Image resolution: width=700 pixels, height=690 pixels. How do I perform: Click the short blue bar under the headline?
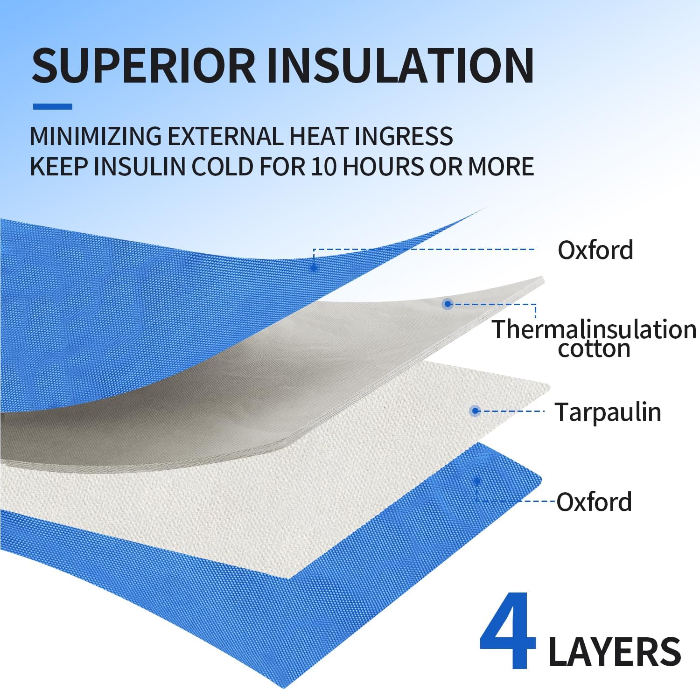[52, 106]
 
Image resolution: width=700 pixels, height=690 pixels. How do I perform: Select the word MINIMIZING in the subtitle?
[96, 136]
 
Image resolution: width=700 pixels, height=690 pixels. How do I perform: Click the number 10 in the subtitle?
[324, 166]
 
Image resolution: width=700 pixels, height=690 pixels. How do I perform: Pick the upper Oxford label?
[595, 250]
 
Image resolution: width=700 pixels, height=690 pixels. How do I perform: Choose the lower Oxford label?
[594, 502]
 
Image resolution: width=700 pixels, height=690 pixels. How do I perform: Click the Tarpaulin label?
[608, 412]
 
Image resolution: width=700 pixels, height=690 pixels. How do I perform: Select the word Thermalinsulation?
[594, 329]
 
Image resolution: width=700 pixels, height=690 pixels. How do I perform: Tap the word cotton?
[594, 348]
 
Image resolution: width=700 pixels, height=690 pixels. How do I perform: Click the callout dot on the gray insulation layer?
[448, 304]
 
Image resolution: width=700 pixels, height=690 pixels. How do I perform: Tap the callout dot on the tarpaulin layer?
[475, 411]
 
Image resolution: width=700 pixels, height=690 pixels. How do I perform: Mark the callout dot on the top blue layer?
[314, 267]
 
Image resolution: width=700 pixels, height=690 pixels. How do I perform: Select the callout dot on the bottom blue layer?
[476, 481]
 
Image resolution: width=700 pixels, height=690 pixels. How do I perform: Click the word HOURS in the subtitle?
[382, 166]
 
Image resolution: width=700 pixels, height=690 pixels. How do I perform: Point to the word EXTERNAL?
[225, 136]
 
